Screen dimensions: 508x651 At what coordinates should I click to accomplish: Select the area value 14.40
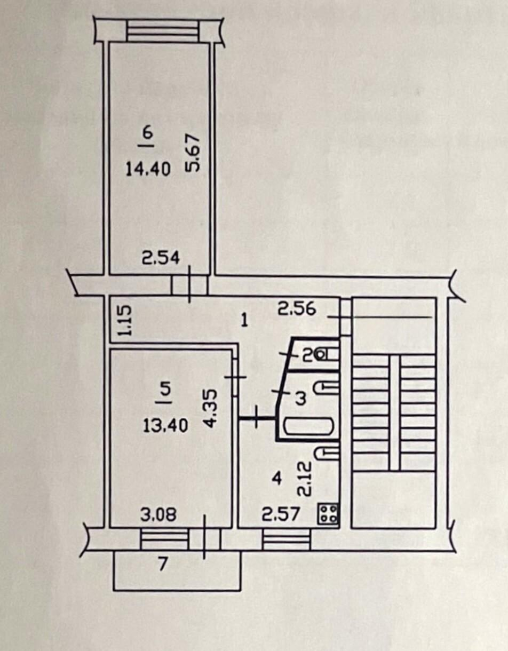pos(148,170)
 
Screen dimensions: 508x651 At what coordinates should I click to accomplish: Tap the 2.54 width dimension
pos(161,258)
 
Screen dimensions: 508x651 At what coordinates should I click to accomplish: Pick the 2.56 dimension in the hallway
pos(297,308)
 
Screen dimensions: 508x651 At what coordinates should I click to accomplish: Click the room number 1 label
pos(245,322)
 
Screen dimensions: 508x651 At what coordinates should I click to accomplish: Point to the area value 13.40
pos(165,425)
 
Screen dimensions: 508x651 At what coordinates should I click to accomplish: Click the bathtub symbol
pos(308,426)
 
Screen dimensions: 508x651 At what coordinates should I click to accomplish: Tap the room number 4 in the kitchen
pos(277,479)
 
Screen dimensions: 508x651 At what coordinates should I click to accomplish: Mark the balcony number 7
pos(162,565)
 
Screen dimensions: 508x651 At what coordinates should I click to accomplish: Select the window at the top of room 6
pos(162,30)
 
